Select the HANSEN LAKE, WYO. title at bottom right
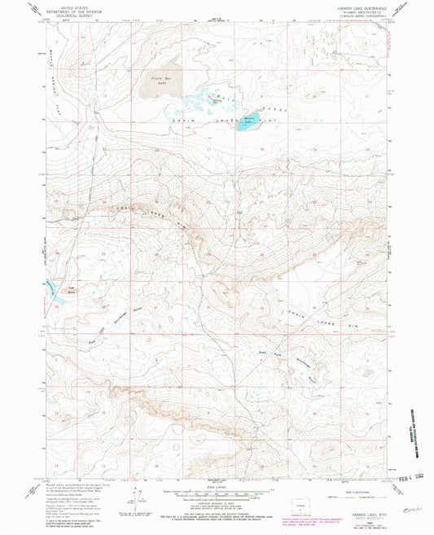(x=348, y=510)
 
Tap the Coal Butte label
(x=71, y=287)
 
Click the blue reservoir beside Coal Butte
(x=53, y=292)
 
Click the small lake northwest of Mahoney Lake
(x=213, y=101)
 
